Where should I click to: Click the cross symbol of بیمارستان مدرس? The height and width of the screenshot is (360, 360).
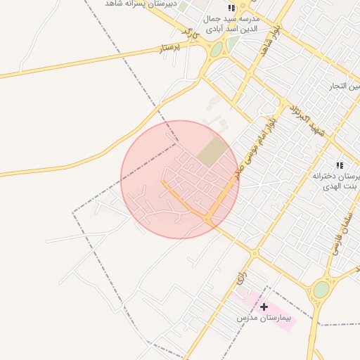[264, 307]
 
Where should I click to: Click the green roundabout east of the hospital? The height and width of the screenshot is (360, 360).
[321, 289]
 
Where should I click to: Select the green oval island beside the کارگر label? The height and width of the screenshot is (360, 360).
[217, 49]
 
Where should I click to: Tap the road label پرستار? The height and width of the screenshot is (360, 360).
[169, 46]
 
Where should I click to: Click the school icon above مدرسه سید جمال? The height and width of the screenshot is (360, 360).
[231, 8]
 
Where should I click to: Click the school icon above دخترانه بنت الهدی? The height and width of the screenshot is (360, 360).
[340, 165]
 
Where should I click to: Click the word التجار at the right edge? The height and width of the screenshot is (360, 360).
[346, 86]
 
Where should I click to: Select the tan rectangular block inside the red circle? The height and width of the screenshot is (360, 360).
[212, 152]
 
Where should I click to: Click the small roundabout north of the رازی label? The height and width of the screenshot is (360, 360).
[255, 252]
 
